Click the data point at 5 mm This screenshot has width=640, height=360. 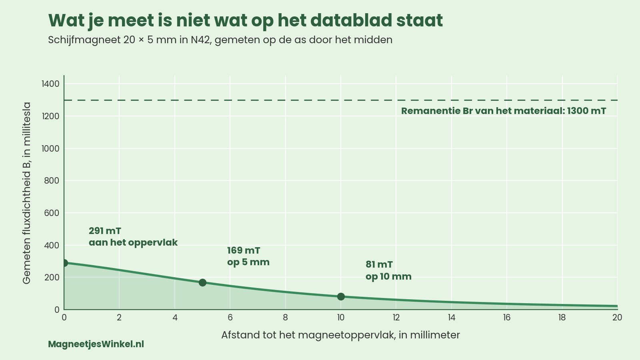[x=202, y=282]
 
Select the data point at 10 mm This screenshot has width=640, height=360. [x=341, y=296]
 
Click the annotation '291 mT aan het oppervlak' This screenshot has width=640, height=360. [x=133, y=236]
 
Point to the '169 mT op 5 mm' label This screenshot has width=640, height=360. [x=248, y=256]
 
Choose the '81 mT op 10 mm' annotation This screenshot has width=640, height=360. [x=388, y=270]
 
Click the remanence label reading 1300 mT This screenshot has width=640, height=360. [x=504, y=111]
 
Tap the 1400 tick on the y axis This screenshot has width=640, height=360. [x=50, y=84]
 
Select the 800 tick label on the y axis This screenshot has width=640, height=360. [x=52, y=180]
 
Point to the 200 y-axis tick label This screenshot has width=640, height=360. [x=52, y=278]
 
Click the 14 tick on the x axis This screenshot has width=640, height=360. [x=452, y=318]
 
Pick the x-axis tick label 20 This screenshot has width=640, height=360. [x=617, y=318]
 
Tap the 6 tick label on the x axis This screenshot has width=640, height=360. [x=230, y=318]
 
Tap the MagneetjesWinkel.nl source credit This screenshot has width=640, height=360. [x=96, y=344]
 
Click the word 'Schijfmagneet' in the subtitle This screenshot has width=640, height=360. [x=84, y=40]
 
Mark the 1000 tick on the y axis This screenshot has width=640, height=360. [x=50, y=148]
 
